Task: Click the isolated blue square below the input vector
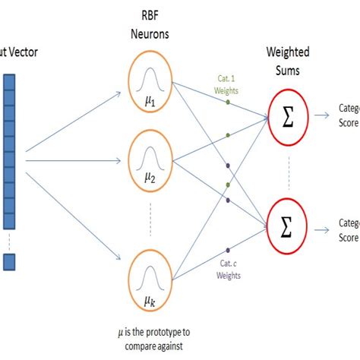click(x=9, y=262)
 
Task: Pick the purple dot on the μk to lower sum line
click(x=227, y=249)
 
